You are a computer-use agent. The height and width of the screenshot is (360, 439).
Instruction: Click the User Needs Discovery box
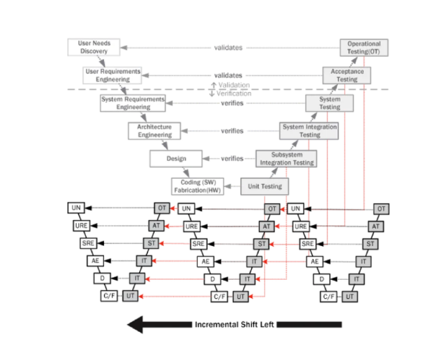93,47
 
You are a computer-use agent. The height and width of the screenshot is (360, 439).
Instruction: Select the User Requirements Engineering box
112,74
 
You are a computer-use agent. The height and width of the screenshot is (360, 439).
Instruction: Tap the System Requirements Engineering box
132,103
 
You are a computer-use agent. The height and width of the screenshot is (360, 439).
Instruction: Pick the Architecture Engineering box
155,130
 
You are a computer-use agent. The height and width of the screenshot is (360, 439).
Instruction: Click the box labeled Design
176,158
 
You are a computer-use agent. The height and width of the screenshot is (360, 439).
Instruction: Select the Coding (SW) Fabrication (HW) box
197,186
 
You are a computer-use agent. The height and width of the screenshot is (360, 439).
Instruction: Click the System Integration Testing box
309,130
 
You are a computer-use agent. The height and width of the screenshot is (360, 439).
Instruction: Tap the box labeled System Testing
330,103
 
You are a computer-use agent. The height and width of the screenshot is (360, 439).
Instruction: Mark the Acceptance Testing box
347,75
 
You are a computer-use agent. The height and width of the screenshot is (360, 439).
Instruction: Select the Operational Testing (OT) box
364,48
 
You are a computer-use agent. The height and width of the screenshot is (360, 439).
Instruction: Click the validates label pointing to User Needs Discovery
228,48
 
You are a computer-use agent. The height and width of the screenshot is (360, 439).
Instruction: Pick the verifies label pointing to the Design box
232,158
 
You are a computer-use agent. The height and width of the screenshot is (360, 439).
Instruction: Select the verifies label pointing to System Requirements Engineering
232,103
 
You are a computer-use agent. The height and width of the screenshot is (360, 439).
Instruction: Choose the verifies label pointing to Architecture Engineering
232,130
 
